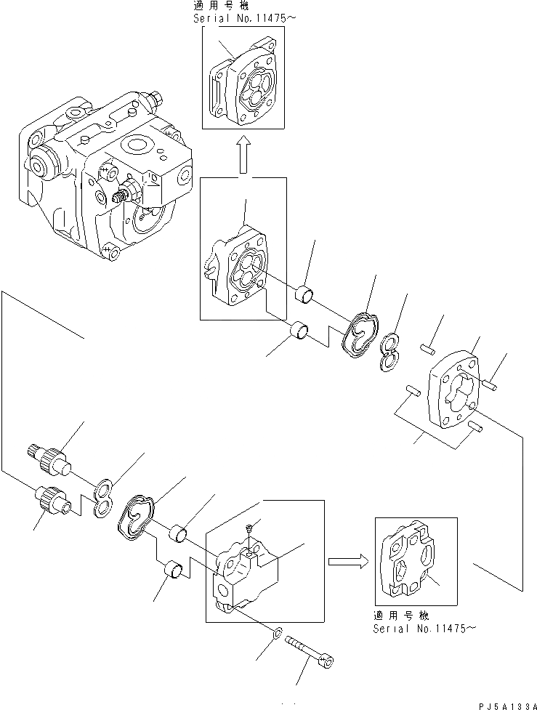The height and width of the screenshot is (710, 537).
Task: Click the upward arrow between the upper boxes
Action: [x=244, y=156]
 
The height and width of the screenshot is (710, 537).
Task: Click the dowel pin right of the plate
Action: [x=490, y=382]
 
